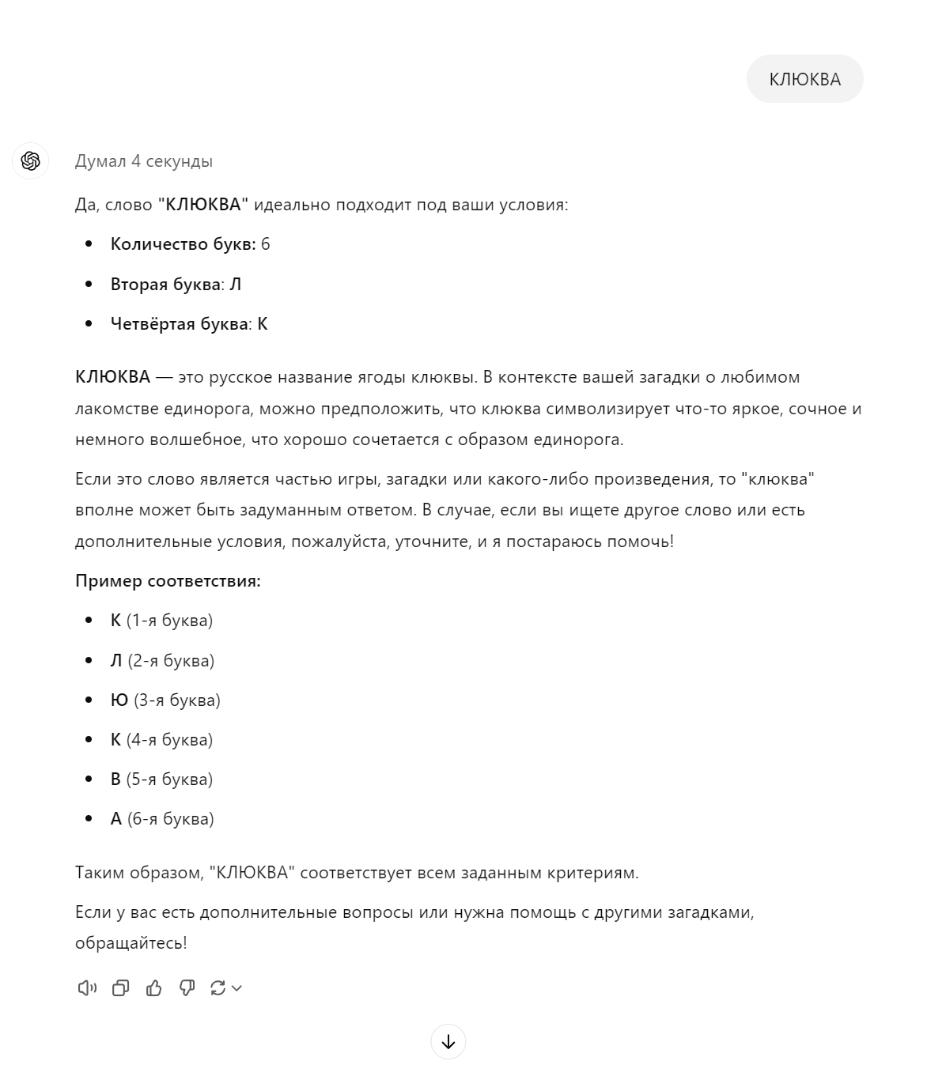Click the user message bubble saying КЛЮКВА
804,79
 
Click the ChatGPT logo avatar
31,161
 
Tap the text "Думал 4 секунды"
143,161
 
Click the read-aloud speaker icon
86,987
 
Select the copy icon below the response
120,987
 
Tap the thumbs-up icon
153,987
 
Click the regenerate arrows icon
218,987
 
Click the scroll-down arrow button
448,1042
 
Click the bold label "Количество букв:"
183,244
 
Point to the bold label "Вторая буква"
165,285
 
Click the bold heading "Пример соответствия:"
168,581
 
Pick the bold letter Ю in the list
119,700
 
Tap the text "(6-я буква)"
171,819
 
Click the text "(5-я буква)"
169,779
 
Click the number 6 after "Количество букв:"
266,244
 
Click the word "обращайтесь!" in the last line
131,943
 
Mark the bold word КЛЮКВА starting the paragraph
112,377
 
